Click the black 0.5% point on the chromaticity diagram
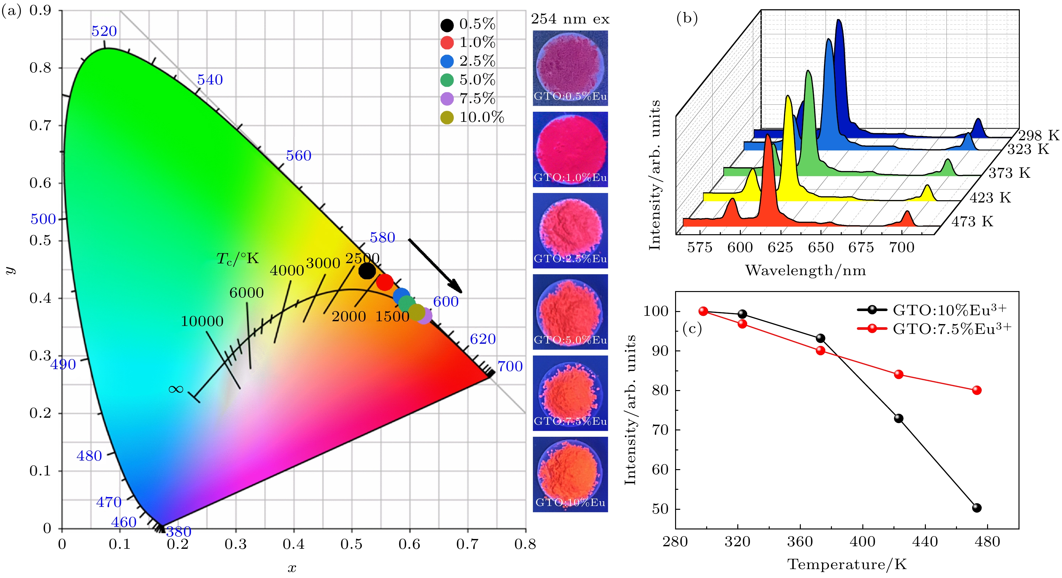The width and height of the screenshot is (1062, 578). tap(367, 271)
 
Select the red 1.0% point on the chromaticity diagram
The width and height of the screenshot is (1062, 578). tap(385, 282)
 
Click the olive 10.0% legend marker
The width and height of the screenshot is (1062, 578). tap(447, 117)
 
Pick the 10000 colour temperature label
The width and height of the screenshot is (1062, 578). tap(202, 321)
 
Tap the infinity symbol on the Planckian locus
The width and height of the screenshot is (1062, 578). tap(176, 389)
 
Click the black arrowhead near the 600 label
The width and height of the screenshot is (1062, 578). tap(457, 287)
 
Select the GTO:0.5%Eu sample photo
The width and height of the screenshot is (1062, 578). tap(570, 68)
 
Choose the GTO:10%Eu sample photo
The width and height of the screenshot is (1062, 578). tap(570, 474)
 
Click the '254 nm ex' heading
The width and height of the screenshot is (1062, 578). tap(570, 19)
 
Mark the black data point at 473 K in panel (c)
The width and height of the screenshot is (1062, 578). tap(977, 508)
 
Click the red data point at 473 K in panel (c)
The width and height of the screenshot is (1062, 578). tap(977, 390)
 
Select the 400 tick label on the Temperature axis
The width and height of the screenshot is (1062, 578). tap(862, 541)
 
